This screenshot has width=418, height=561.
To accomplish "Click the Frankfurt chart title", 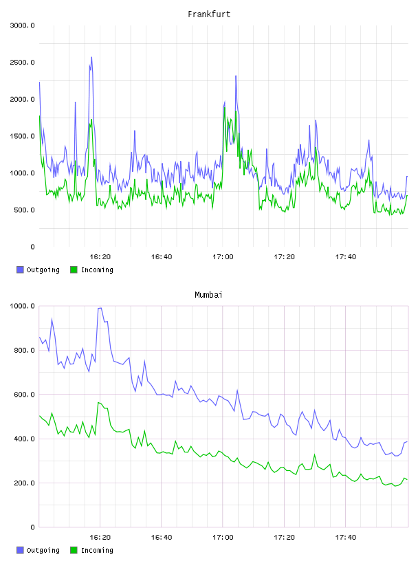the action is coord(209,14).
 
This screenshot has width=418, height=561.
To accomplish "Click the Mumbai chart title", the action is coord(208,295).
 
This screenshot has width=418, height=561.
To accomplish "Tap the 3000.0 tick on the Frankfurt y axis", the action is coord(23,25).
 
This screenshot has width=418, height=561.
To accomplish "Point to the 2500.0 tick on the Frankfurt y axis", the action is coord(23,63).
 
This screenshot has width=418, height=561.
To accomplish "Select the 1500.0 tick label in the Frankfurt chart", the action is coord(23,136).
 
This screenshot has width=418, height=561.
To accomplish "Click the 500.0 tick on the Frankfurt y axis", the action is coord(24,210).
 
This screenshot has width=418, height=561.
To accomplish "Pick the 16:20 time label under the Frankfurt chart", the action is coord(100,257).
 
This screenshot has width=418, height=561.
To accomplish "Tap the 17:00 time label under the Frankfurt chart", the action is coord(223,257).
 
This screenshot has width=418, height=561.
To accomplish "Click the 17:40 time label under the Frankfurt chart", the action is coord(346,257).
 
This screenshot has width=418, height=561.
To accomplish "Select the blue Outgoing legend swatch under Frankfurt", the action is coord(20,269).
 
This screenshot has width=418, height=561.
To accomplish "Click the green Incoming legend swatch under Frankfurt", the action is coord(74,269).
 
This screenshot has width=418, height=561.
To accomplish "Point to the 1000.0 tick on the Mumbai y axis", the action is coord(23,306).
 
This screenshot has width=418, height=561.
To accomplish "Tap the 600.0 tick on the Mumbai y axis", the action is coord(24,395).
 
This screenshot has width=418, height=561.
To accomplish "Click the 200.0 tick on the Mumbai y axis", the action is coord(24,483).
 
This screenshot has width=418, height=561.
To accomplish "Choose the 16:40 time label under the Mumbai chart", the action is coord(162,538).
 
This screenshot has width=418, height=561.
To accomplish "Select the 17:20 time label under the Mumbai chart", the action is coord(284,538).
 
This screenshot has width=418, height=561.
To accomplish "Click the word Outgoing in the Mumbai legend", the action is coord(43,550).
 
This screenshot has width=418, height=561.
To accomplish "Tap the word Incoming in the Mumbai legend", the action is coord(97,550).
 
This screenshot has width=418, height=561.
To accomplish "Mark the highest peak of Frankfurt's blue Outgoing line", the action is coord(91,57).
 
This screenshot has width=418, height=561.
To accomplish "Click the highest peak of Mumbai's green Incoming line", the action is coord(98,402).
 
